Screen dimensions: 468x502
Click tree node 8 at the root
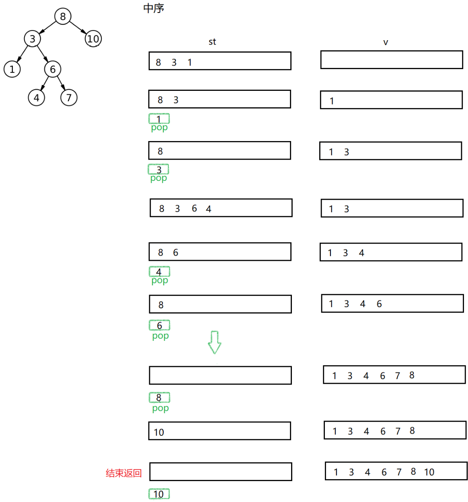(62, 16)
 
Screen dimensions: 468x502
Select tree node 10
(93, 39)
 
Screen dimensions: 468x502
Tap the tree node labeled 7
(69, 98)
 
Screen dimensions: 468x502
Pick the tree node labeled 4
(37, 98)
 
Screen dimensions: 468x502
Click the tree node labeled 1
(12, 69)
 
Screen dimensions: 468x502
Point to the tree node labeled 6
(53, 69)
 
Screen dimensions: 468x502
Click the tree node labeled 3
(33, 39)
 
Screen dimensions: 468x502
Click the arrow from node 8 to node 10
(78, 28)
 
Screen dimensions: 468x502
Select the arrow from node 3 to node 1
(22, 54)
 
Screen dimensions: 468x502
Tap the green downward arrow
(215, 342)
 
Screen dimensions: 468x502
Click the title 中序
(154, 8)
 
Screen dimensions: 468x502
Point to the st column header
(212, 42)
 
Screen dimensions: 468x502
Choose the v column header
(386, 42)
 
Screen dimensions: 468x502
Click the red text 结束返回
(124, 473)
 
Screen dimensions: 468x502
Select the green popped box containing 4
(159, 271)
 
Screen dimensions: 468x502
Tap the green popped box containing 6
(159, 325)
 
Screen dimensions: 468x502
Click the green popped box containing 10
(159, 494)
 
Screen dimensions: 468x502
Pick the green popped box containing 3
(158, 169)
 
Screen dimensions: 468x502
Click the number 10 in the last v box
(429, 472)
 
